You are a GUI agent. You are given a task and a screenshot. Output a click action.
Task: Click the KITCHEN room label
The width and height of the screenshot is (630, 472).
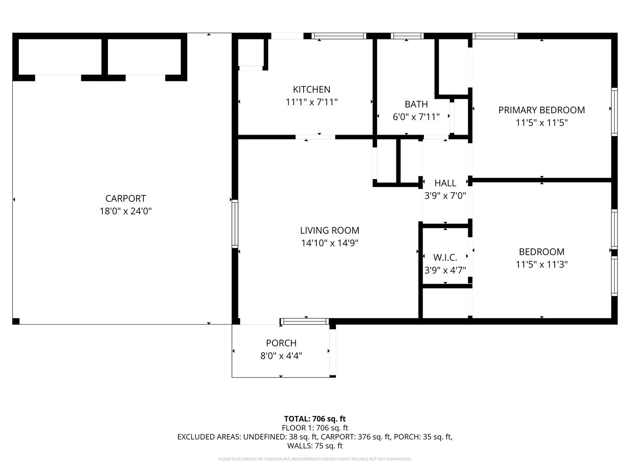pyautogui.click(x=311, y=90)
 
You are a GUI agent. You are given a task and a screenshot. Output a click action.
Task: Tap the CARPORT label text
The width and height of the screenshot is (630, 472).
pyautogui.click(x=126, y=198)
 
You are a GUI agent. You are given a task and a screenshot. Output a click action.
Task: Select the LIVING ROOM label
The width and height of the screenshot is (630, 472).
pyautogui.click(x=329, y=230)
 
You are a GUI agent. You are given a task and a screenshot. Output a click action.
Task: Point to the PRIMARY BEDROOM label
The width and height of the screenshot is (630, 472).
pyautogui.click(x=541, y=110)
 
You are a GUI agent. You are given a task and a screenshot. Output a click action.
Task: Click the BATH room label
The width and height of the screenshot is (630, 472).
pyautogui.click(x=416, y=104)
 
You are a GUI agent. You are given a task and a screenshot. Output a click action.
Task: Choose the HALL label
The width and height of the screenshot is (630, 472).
pyautogui.click(x=445, y=183)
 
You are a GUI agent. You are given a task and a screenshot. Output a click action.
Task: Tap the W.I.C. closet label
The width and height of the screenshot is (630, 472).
pyautogui.click(x=445, y=257)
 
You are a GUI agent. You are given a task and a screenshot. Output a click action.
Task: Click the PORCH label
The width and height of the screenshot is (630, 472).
pyautogui.click(x=281, y=343)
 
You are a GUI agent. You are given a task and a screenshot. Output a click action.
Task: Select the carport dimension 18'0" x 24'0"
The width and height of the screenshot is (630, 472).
pyautogui.click(x=126, y=211)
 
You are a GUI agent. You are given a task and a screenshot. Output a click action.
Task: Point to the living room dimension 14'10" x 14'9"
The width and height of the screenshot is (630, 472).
pyautogui.click(x=329, y=243)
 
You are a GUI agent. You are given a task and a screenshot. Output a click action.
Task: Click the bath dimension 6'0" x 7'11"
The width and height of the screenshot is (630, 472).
pyautogui.click(x=416, y=117)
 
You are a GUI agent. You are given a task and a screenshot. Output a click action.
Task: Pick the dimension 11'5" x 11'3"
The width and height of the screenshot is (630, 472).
pyautogui.click(x=542, y=264)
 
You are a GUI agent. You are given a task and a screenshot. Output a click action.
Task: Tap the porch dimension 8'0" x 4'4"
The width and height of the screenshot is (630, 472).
pyautogui.click(x=281, y=356)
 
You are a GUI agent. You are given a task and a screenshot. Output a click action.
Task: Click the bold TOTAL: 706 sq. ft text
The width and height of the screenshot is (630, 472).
pyautogui.click(x=315, y=419)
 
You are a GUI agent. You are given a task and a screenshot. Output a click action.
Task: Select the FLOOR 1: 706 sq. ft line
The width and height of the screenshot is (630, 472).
pyautogui.click(x=315, y=428)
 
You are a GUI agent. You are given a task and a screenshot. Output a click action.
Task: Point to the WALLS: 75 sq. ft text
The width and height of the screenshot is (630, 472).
pyautogui.click(x=315, y=446)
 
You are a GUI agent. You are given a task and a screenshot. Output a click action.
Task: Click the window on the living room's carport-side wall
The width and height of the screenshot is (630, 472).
pyautogui.click(x=235, y=224)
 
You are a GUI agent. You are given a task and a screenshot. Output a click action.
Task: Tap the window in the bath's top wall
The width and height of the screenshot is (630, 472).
pyautogui.click(x=407, y=36)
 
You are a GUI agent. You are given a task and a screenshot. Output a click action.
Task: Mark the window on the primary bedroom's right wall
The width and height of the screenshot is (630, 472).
pyautogui.click(x=614, y=112)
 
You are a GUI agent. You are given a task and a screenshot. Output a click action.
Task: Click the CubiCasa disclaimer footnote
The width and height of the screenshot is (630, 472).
pyautogui.click(x=315, y=459)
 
